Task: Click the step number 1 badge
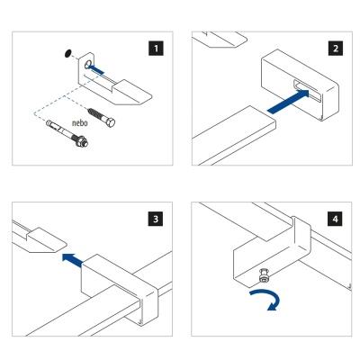pyautogui.click(x=156, y=48)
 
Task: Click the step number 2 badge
pyautogui.click(x=336, y=48)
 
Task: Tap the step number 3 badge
pyautogui.click(x=156, y=219)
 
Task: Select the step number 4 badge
pyautogui.click(x=335, y=219)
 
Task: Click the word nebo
pyautogui.click(x=80, y=122)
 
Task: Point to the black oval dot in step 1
pyautogui.click(x=67, y=53)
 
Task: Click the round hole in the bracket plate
pyautogui.click(x=88, y=64)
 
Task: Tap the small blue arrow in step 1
pyautogui.click(x=97, y=69)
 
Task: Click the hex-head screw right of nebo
pyautogui.click(x=102, y=118)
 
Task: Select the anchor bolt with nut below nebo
pyautogui.click(x=67, y=133)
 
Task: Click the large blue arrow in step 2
pyautogui.click(x=288, y=102)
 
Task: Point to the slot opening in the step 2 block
pyautogui.click(x=307, y=90)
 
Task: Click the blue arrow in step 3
pyautogui.click(x=72, y=260)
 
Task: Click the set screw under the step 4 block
pyautogui.click(x=264, y=275)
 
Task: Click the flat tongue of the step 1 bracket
pyautogui.click(x=132, y=93)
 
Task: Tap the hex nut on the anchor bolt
pyautogui.click(x=81, y=141)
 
